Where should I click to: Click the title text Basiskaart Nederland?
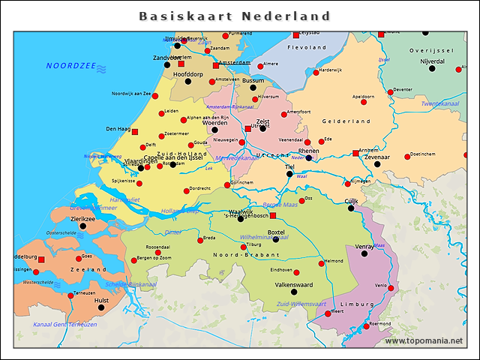235,16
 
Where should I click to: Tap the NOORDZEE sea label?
70,66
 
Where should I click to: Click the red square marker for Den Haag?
135,132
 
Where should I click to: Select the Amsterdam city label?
234,63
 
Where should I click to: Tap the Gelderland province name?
346,121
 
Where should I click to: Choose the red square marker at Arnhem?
355,154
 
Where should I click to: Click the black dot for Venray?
364,253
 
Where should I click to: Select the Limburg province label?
357,304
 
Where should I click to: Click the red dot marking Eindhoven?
296,272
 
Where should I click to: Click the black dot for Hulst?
101,307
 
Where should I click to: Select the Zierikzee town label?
82,218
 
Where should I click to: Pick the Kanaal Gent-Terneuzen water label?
65,325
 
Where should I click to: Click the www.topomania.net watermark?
424,340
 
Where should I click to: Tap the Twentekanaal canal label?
441,103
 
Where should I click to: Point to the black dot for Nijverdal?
432,68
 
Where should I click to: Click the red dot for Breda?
199,241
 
